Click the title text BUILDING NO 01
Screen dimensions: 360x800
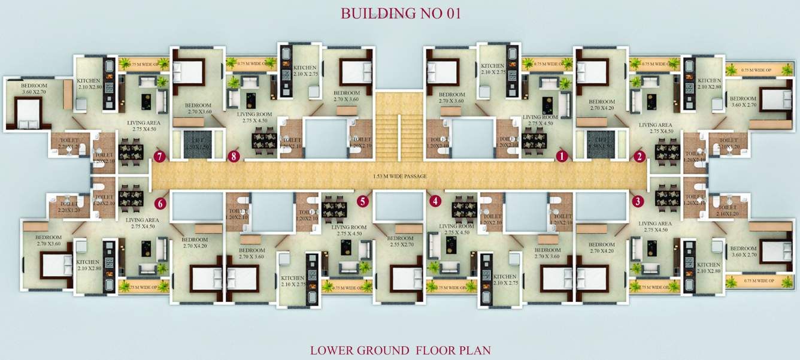(x=401, y=14)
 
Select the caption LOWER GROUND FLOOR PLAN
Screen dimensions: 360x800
(x=401, y=350)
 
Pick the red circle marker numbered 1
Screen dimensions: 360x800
(x=561, y=157)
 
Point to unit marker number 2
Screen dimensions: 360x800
(x=640, y=157)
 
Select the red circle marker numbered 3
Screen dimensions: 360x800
(x=639, y=201)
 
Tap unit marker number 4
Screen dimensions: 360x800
(x=435, y=201)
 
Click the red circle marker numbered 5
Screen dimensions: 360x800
(x=362, y=201)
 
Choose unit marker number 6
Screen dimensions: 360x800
(x=160, y=202)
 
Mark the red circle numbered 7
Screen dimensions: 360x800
(x=159, y=157)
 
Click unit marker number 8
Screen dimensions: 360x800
(x=233, y=157)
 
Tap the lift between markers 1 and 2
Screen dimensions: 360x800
(x=599, y=144)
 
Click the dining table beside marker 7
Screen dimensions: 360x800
(x=130, y=150)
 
